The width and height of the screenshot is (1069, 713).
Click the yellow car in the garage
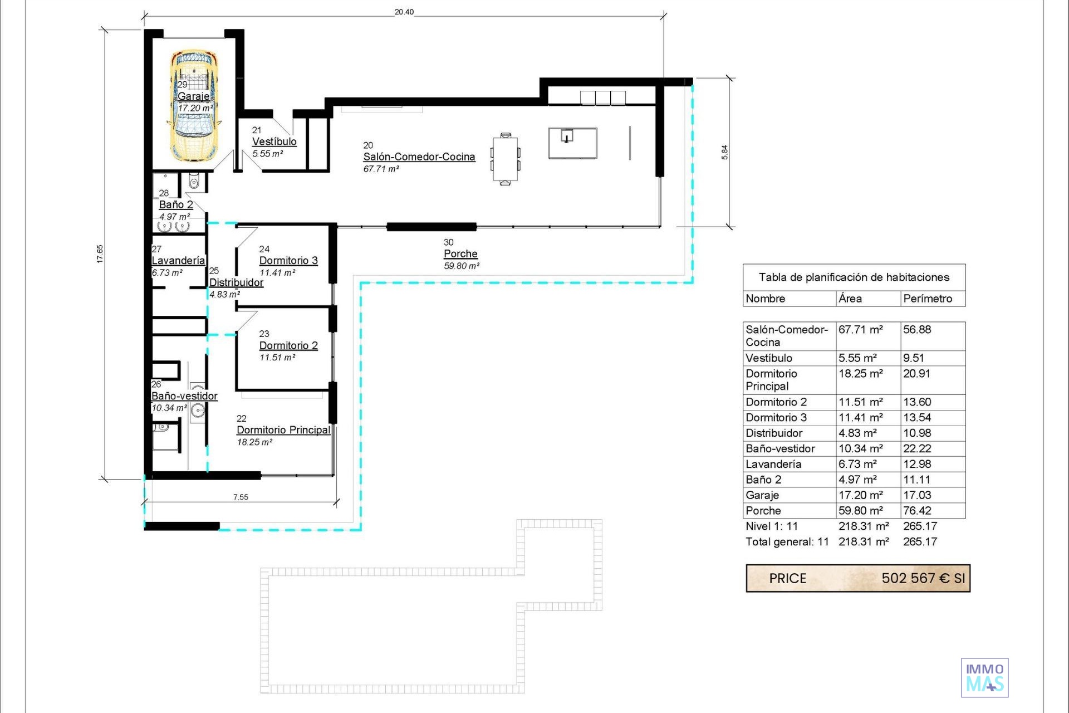[x=194, y=106]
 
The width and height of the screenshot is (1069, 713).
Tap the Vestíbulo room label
[x=274, y=142]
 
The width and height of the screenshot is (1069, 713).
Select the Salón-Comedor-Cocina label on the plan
[x=419, y=157]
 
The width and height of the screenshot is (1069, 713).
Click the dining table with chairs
[x=505, y=159]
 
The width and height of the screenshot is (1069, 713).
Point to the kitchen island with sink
[x=573, y=143]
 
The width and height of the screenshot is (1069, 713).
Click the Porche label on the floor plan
[x=460, y=254]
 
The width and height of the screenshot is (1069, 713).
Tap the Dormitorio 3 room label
[x=288, y=261]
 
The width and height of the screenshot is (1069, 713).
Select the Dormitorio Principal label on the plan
[x=283, y=430]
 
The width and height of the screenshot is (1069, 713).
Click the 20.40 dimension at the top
[x=404, y=12]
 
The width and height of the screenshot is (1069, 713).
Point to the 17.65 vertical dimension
[x=100, y=254]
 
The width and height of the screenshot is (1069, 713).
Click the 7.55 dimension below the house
[x=241, y=497]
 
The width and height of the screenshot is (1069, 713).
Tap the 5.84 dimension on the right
[x=724, y=153]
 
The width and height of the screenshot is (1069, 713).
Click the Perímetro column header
[x=928, y=299]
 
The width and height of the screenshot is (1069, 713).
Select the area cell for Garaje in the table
[x=861, y=495]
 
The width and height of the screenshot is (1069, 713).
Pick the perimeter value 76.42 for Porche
[x=917, y=511]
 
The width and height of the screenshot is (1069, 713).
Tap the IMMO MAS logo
[x=985, y=678]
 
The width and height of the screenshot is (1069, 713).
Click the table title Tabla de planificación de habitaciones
[x=854, y=277]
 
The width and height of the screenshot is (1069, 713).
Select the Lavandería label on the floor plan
[x=178, y=261]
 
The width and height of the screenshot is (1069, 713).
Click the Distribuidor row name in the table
[x=774, y=433]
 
